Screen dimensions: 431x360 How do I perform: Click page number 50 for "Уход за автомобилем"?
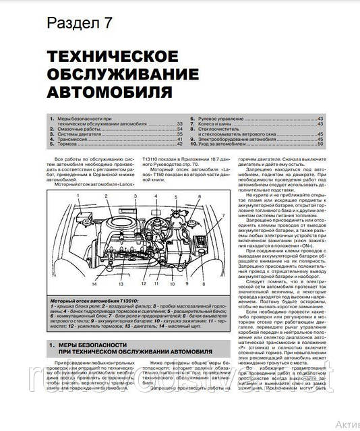point(320,144)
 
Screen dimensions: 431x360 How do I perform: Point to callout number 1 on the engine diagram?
point(78,195)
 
